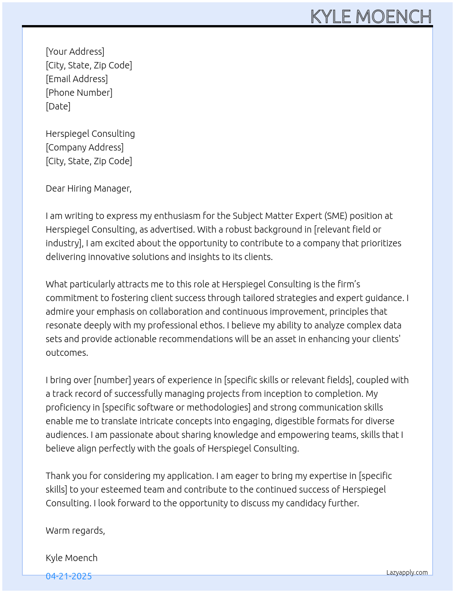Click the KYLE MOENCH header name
click(x=371, y=16)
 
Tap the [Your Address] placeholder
click(x=75, y=52)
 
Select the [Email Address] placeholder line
click(x=77, y=79)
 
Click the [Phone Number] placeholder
click(x=79, y=93)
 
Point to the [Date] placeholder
click(x=58, y=106)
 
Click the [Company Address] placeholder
click(x=85, y=147)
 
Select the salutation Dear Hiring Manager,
click(x=89, y=188)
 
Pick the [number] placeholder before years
click(x=112, y=380)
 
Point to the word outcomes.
click(x=67, y=353)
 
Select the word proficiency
click(x=68, y=407)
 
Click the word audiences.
click(x=67, y=435)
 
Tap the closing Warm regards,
click(x=75, y=531)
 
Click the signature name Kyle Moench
click(x=72, y=558)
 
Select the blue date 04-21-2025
click(x=69, y=576)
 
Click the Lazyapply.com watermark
click(x=407, y=572)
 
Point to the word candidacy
click(x=306, y=503)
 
